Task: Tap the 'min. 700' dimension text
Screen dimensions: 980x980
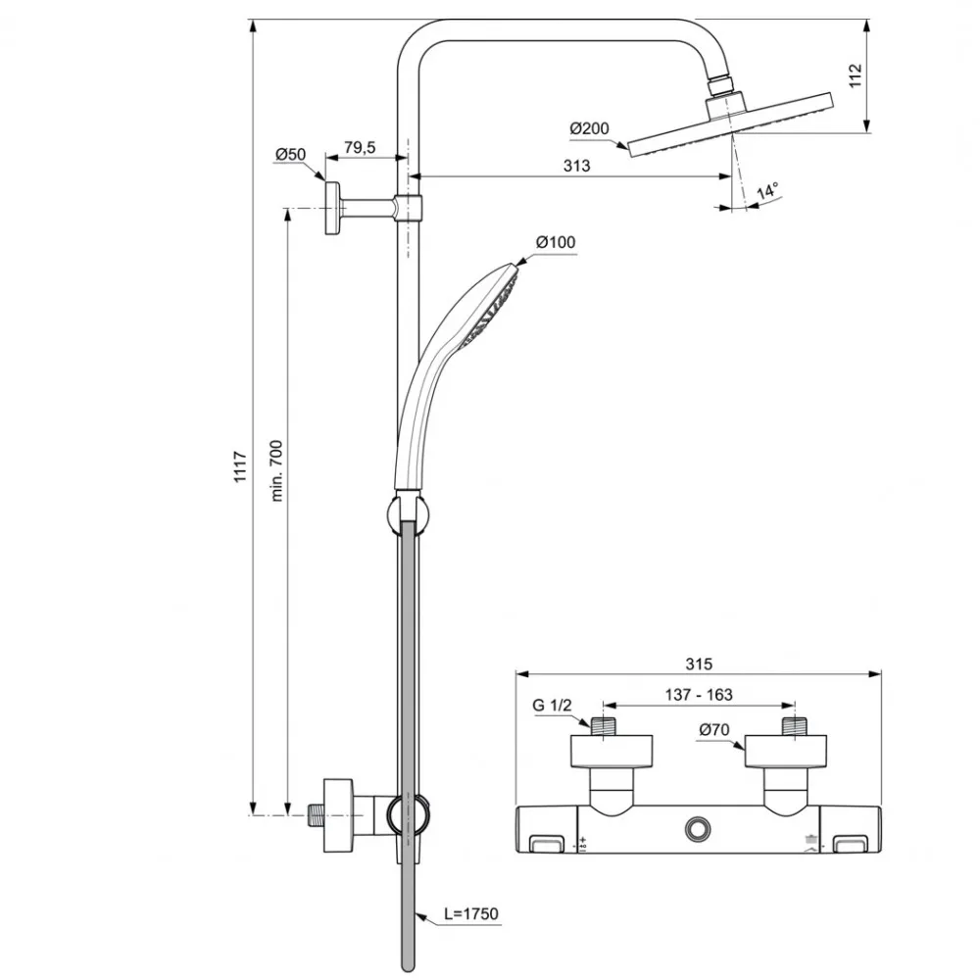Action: coord(276,471)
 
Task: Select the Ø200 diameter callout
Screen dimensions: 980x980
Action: coord(588,128)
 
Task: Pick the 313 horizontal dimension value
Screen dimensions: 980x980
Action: coord(577,166)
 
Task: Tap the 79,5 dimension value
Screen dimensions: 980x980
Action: coord(359,147)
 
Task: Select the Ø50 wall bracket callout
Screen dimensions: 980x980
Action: coord(291,155)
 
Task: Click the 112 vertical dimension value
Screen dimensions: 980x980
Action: coord(854,75)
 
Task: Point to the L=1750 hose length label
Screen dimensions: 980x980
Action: coord(471,914)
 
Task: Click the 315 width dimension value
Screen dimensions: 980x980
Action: coord(698,663)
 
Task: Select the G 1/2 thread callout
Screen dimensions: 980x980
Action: coord(552,705)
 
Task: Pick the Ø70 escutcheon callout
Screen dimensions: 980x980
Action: coord(713,729)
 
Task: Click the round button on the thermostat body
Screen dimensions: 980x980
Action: coord(699,829)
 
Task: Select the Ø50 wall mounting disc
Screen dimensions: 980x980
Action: coord(333,209)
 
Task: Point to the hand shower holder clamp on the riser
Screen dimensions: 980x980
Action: coord(405,514)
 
